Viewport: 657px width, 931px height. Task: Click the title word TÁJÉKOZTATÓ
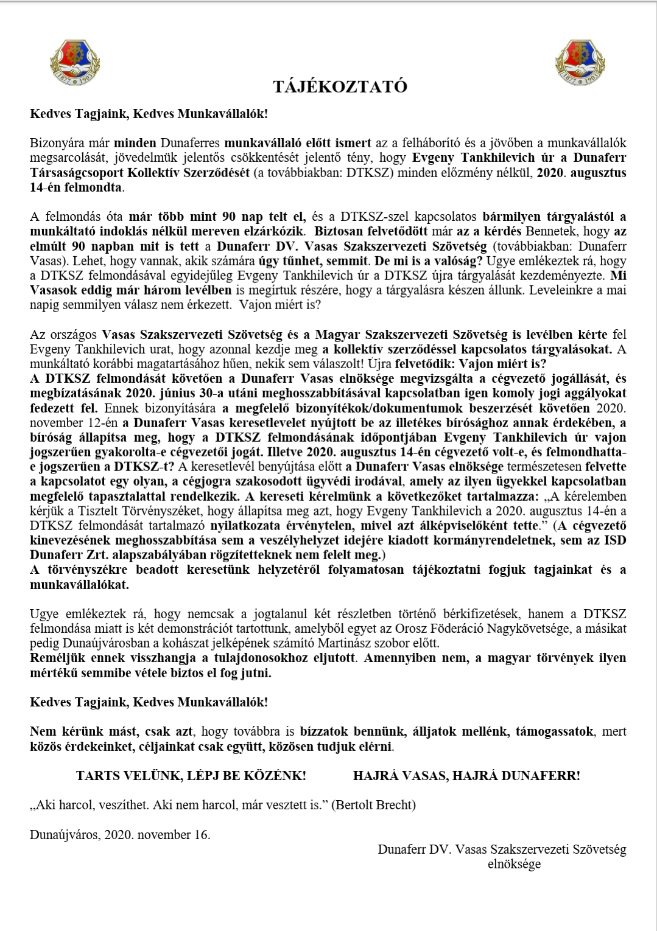tap(340, 86)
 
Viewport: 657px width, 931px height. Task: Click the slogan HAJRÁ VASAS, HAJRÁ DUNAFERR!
tap(466, 776)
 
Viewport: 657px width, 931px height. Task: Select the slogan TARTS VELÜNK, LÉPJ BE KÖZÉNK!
tap(191, 776)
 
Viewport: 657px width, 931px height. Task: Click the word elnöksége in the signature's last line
tap(514, 863)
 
